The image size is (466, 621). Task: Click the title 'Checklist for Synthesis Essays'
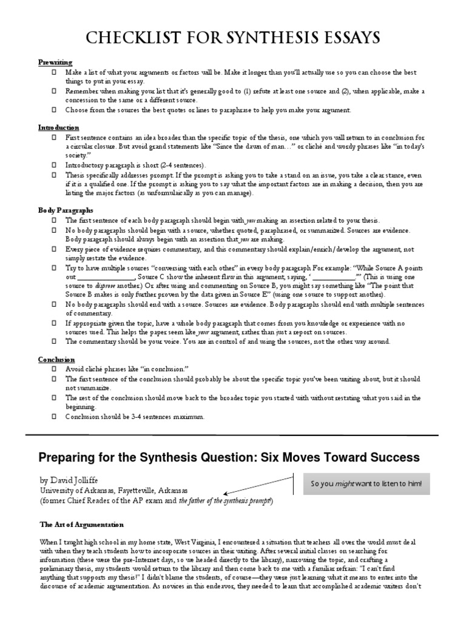pos(233,39)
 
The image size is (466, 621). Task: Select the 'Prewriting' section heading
pos(56,62)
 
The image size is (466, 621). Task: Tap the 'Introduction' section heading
pos(59,128)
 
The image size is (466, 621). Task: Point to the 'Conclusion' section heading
pos(56,358)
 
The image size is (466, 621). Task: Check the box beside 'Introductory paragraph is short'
pos(53,165)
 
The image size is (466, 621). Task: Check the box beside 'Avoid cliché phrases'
pos(53,369)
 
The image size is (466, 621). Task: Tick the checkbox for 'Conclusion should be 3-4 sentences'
pos(53,417)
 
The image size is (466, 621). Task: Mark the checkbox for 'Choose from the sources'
pos(53,110)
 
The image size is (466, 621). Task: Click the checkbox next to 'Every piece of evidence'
pos(53,249)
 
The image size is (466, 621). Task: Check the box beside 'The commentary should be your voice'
pos(53,342)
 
